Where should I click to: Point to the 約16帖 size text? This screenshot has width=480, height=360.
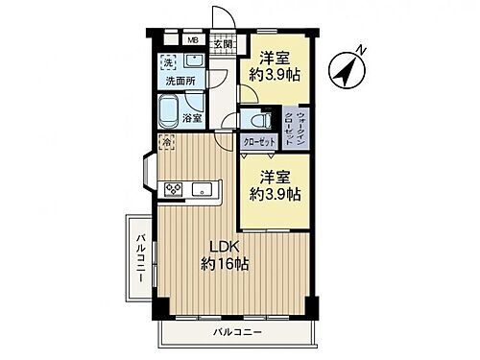224,263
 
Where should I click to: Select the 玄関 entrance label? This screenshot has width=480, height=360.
221,42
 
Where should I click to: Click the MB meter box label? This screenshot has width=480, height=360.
193,40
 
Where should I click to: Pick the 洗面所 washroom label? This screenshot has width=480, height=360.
180,81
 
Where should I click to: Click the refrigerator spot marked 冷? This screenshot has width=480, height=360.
167,141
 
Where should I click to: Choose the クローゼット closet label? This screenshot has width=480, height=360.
258,142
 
